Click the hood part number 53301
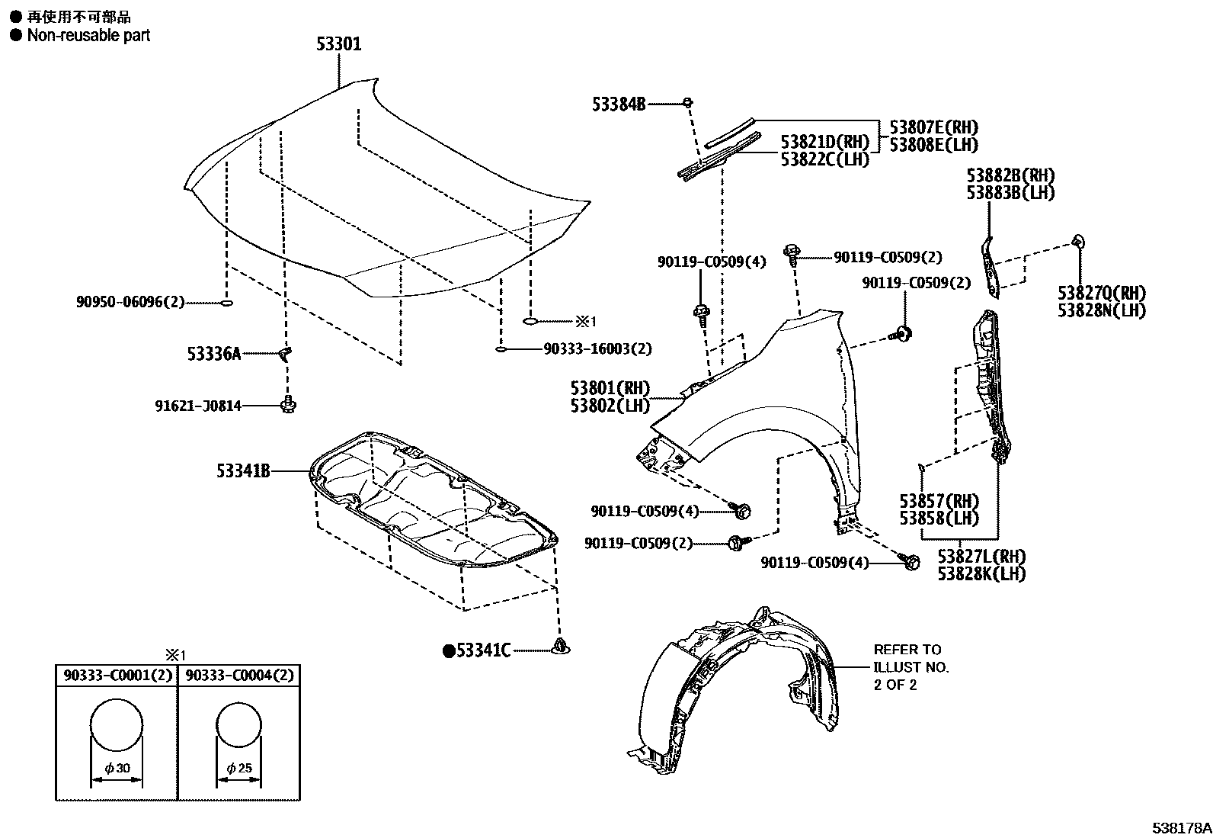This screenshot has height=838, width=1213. click(x=339, y=44)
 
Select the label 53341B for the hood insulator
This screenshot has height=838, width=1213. click(x=243, y=472)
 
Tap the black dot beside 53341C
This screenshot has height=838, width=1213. click(x=450, y=650)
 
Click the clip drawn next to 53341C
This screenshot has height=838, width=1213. click(x=562, y=647)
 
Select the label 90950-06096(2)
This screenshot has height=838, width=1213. click(x=130, y=302)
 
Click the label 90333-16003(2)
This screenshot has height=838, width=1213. click(x=597, y=349)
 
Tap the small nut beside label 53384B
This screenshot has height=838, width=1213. click(x=687, y=102)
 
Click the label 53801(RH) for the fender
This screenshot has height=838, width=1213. click(x=610, y=388)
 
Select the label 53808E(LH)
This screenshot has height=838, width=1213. click(x=933, y=145)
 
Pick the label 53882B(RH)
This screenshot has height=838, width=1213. click(x=1010, y=175)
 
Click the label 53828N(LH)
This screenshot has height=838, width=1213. click(x=1101, y=310)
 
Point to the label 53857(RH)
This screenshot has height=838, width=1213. click(x=939, y=501)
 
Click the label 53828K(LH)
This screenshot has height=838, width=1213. click(x=981, y=574)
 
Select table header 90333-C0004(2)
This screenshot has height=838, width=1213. click(x=238, y=675)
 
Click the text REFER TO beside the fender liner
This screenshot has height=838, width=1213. click(x=907, y=650)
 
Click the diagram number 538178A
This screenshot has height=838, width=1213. click(x=1180, y=827)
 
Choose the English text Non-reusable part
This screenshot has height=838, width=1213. click(x=88, y=35)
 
